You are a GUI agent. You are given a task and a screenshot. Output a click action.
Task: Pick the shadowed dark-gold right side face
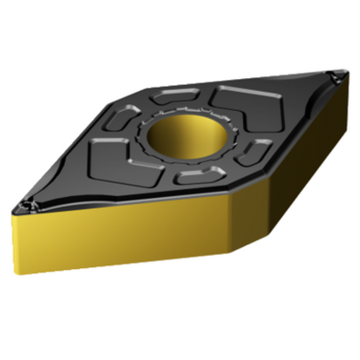[286, 173]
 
